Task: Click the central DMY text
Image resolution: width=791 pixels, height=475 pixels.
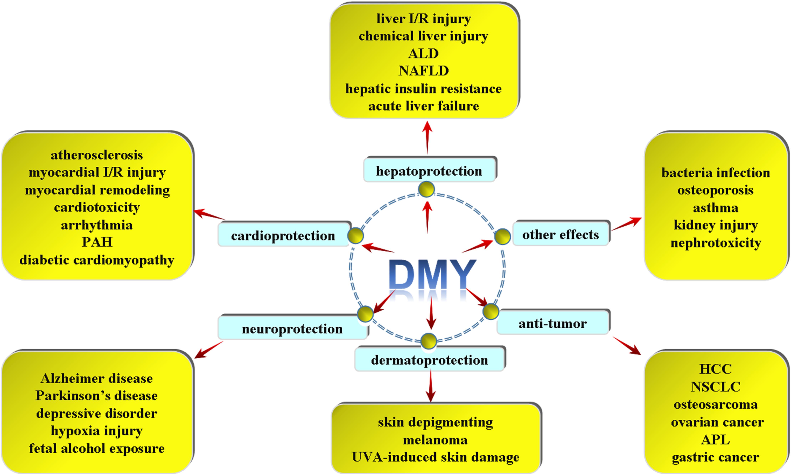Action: pyautogui.click(x=432, y=274)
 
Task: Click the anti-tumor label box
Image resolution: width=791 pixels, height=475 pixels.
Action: pyautogui.click(x=553, y=323)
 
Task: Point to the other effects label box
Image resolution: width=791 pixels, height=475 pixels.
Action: pyautogui.click(x=561, y=234)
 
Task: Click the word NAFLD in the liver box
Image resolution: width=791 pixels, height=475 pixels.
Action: pyautogui.click(x=423, y=71)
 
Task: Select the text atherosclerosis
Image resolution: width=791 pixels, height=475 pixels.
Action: pyautogui.click(x=97, y=155)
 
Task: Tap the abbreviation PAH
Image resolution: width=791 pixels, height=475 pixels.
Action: pyautogui.click(x=97, y=242)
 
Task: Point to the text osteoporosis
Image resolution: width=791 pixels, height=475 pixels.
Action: pyautogui.click(x=716, y=190)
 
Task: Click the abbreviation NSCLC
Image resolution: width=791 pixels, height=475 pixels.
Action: pyautogui.click(x=716, y=387)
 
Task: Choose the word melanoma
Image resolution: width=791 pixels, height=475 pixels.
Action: pyautogui.click(x=435, y=440)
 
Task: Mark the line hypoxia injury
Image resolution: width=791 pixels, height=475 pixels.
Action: pyautogui.click(x=97, y=431)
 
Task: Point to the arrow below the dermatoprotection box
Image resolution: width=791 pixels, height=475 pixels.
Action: pyautogui.click(x=431, y=386)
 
